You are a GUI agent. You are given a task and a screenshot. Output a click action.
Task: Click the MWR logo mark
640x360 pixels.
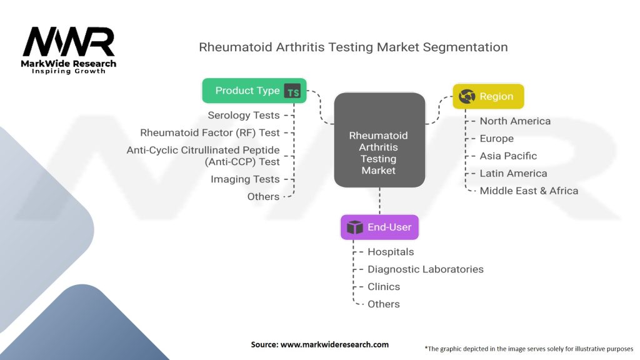tap(69, 42)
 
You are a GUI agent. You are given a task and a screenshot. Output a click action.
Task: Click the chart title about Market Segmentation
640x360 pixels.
tap(354, 47)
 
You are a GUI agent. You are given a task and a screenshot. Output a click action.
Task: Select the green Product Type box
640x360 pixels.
tap(254, 91)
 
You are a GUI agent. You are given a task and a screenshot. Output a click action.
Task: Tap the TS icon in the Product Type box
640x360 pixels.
tap(292, 91)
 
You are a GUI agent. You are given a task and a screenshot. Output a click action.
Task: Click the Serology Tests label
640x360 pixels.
tap(244, 116)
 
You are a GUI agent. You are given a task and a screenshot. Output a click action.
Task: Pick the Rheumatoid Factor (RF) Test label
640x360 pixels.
tap(210, 132)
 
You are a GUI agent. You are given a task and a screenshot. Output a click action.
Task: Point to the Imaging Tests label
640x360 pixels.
tap(245, 179)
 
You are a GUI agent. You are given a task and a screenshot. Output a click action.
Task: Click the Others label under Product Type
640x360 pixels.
tap(263, 197)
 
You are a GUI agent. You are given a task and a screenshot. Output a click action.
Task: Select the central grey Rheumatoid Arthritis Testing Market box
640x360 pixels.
tap(379, 140)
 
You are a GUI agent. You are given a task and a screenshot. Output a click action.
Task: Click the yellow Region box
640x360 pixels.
tap(488, 96)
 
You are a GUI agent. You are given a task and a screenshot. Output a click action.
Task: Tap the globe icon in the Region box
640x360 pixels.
tap(467, 96)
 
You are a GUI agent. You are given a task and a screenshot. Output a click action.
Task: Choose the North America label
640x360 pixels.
tap(515, 121)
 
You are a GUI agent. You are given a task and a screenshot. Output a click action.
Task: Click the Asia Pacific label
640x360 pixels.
tap(508, 156)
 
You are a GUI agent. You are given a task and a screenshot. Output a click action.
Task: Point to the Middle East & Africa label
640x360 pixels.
tap(529, 191)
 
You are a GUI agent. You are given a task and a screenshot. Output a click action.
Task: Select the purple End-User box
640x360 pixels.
tap(379, 227)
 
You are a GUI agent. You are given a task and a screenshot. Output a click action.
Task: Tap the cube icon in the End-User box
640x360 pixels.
tap(355, 227)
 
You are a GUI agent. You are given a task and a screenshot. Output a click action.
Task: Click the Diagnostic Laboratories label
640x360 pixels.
tap(425, 269)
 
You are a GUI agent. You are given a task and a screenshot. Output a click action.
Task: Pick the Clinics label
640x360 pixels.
tap(384, 286)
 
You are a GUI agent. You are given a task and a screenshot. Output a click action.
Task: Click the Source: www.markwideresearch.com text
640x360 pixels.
tap(319, 344)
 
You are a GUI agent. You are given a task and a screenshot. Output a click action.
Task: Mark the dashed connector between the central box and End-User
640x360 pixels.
tap(379, 201)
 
